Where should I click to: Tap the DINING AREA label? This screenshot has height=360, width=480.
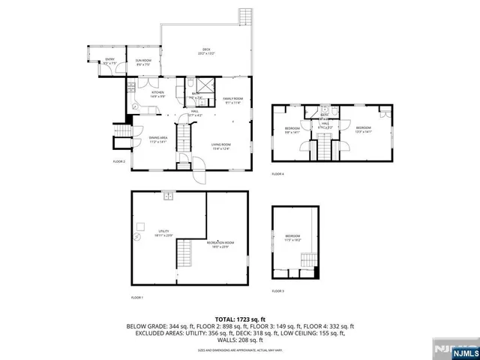(157, 139)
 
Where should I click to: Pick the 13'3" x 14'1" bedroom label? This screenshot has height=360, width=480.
(364, 129)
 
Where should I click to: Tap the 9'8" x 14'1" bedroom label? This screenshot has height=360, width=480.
(292, 130)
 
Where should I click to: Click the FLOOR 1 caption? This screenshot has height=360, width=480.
(137, 298)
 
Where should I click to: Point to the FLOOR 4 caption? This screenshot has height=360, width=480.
(278, 174)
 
